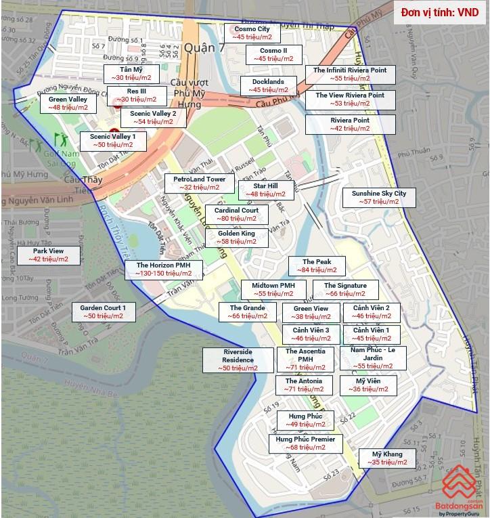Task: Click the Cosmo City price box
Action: click(x=252, y=33)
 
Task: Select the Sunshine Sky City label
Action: click(x=378, y=197)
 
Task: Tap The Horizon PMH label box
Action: click(x=164, y=269)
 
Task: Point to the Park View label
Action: click(x=48, y=255)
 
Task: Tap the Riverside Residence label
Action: click(x=238, y=360)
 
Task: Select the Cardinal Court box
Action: click(x=236, y=214)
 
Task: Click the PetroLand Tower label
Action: click(x=199, y=183)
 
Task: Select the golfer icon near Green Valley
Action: click(x=60, y=140)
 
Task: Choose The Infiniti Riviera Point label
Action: click(x=350, y=74)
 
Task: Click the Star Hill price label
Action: click(x=265, y=190)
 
